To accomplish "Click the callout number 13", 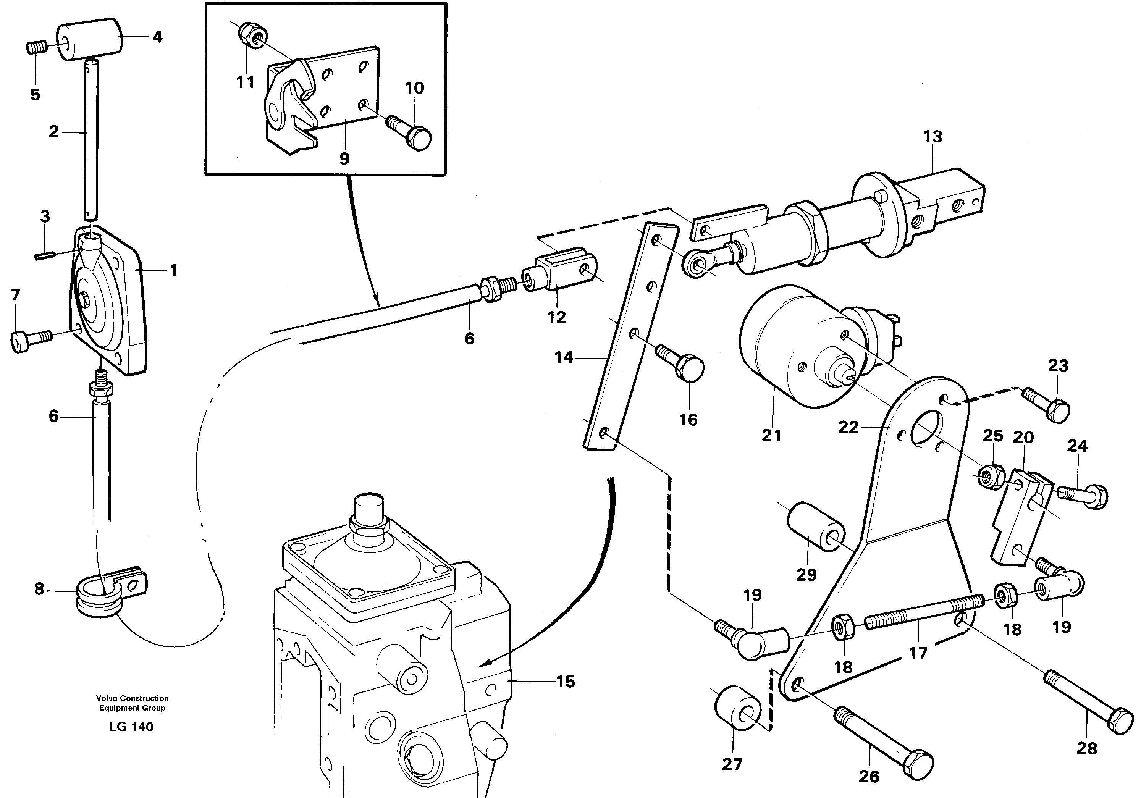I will [932, 137].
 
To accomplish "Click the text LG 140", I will [131, 727].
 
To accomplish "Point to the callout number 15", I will [566, 682].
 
